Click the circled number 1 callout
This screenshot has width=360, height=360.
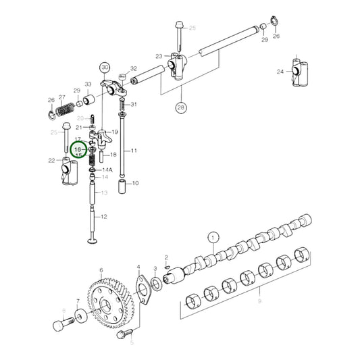point(213,237)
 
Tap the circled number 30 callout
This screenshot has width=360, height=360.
point(104,67)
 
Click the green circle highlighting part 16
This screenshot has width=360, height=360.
point(79,149)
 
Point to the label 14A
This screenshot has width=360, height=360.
point(107,170)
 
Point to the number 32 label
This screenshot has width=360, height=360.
point(133,69)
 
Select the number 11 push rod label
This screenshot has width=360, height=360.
point(134,151)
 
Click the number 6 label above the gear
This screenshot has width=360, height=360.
point(101,270)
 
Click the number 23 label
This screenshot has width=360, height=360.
point(159,56)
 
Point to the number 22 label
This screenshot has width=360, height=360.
point(51,160)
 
